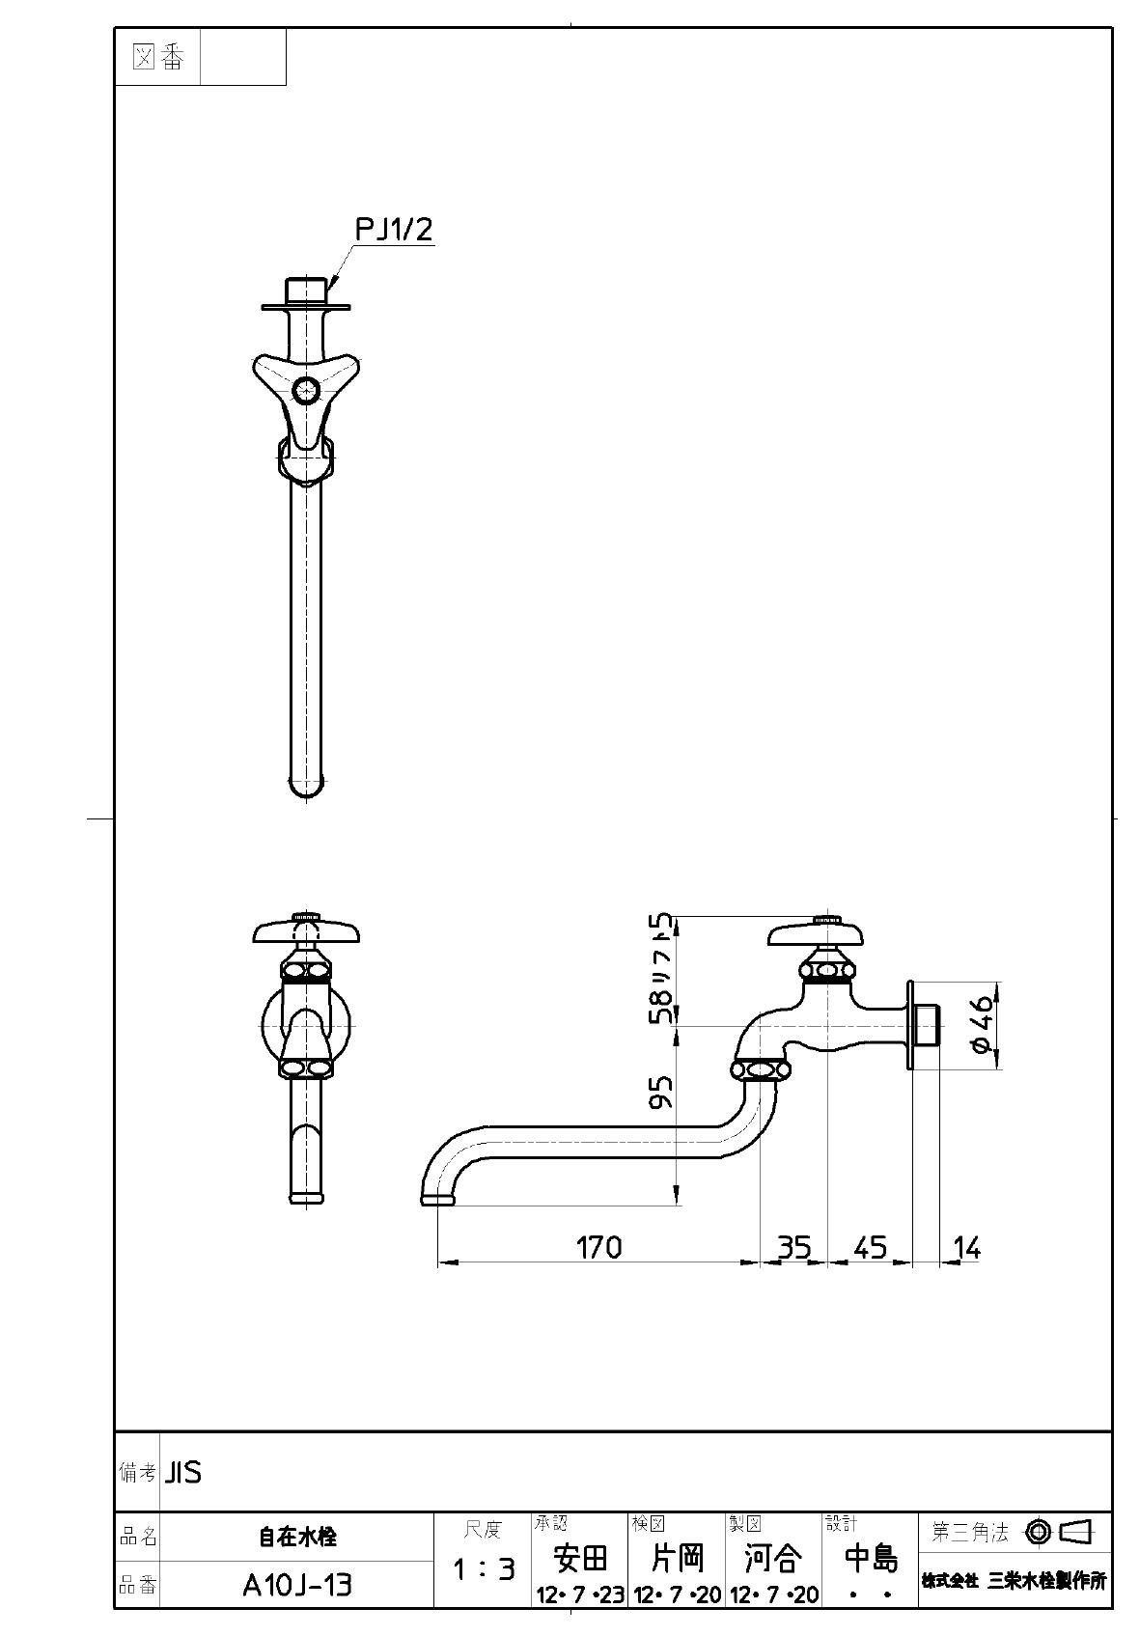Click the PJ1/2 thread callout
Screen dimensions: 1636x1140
click(x=394, y=230)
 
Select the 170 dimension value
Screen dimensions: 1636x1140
click(x=598, y=1247)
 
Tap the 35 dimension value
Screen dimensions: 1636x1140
click(x=793, y=1247)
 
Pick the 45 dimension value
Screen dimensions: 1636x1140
click(x=870, y=1247)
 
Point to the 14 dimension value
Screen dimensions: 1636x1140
click(x=966, y=1247)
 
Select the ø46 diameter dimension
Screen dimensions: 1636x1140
click(x=982, y=1025)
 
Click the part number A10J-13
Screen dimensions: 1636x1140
click(x=296, y=1585)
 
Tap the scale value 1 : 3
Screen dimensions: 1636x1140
click(x=483, y=1569)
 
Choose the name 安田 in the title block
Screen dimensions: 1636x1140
click(x=580, y=1557)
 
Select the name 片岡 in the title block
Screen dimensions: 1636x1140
click(x=677, y=1557)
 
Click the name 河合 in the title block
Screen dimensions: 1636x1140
click(x=773, y=1557)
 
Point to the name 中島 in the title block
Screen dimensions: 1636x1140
click(x=871, y=1557)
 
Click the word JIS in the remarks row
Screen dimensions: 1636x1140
click(x=183, y=1473)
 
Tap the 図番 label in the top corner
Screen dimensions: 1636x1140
click(x=157, y=58)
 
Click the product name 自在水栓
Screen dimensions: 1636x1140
click(x=296, y=1537)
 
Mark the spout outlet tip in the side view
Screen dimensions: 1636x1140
click(x=437, y=1200)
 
